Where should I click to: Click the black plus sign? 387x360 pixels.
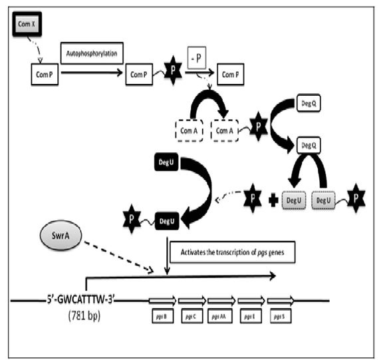[x=271, y=200]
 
